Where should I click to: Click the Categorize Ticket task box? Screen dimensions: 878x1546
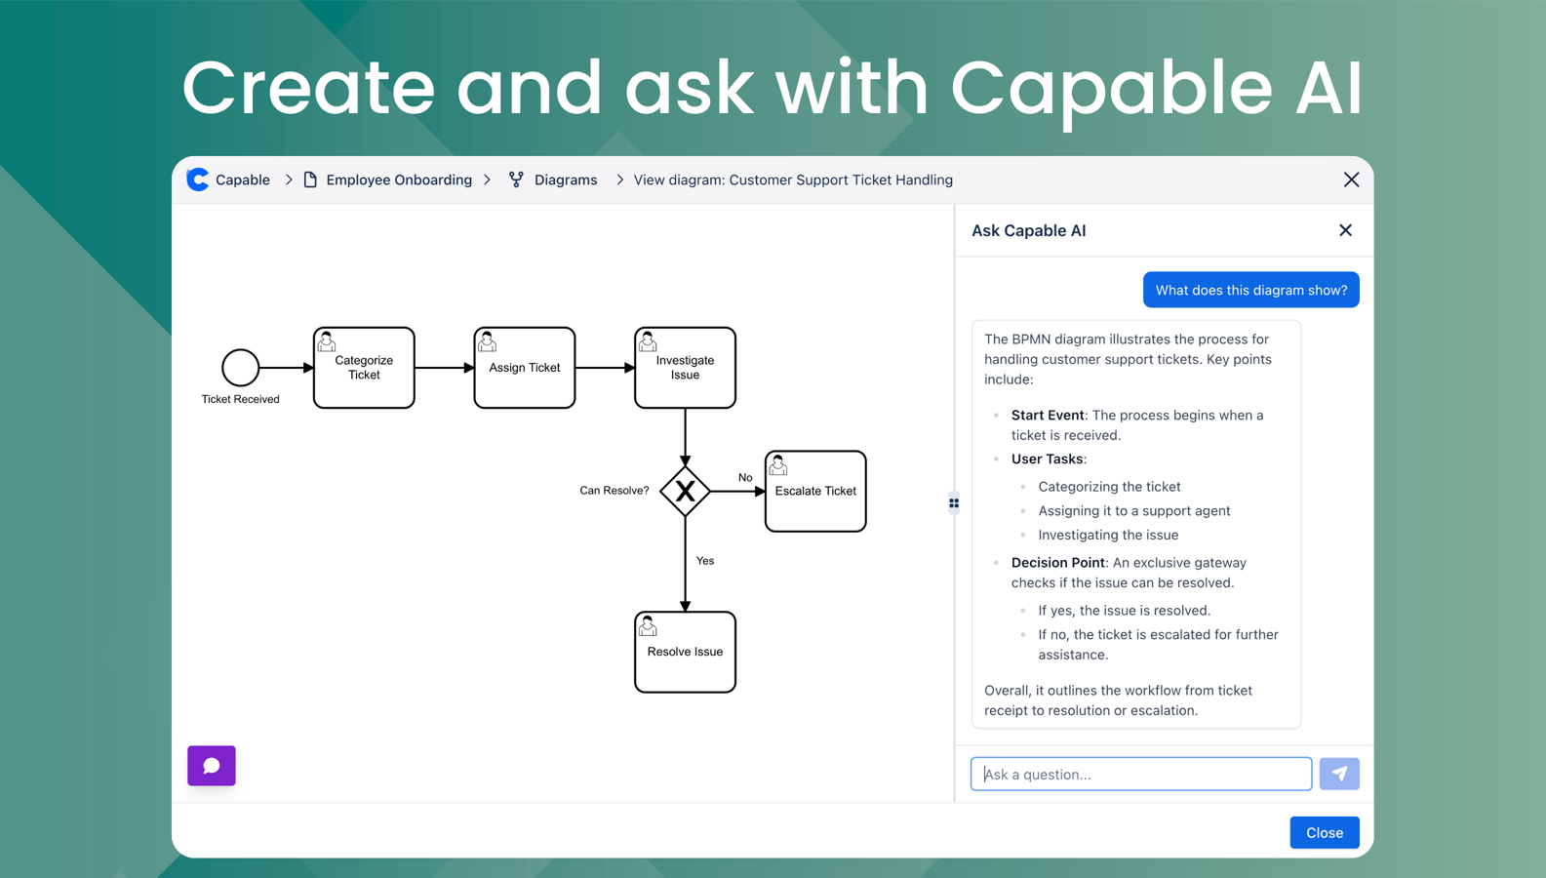[364, 368]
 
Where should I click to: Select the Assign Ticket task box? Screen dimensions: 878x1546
[524, 368]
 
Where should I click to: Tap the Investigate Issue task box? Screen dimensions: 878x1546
[685, 368]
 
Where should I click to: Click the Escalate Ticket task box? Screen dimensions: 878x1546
[815, 491]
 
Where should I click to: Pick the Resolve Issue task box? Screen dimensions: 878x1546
[685, 652]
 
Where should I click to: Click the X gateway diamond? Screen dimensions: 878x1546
[685, 491]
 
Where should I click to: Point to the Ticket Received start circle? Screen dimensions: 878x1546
[240, 368]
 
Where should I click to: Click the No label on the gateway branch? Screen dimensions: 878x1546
[745, 477]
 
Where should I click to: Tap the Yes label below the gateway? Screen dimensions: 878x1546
[705, 561]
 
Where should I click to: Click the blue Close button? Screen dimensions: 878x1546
[1324, 832]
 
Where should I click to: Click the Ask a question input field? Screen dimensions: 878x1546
[1140, 774]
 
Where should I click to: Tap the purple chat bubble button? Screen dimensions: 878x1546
[212, 766]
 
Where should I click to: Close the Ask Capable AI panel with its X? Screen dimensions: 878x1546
[1345, 230]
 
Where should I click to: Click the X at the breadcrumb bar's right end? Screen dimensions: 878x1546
[1351, 180]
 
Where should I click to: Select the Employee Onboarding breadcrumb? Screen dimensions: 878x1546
[398, 180]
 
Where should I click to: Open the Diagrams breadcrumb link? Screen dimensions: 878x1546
[565, 180]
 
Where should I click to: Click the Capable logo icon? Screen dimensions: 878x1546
[198, 180]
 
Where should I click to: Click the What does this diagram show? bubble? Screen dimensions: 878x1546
[1250, 290]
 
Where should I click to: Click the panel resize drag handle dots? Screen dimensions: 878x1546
[954, 503]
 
